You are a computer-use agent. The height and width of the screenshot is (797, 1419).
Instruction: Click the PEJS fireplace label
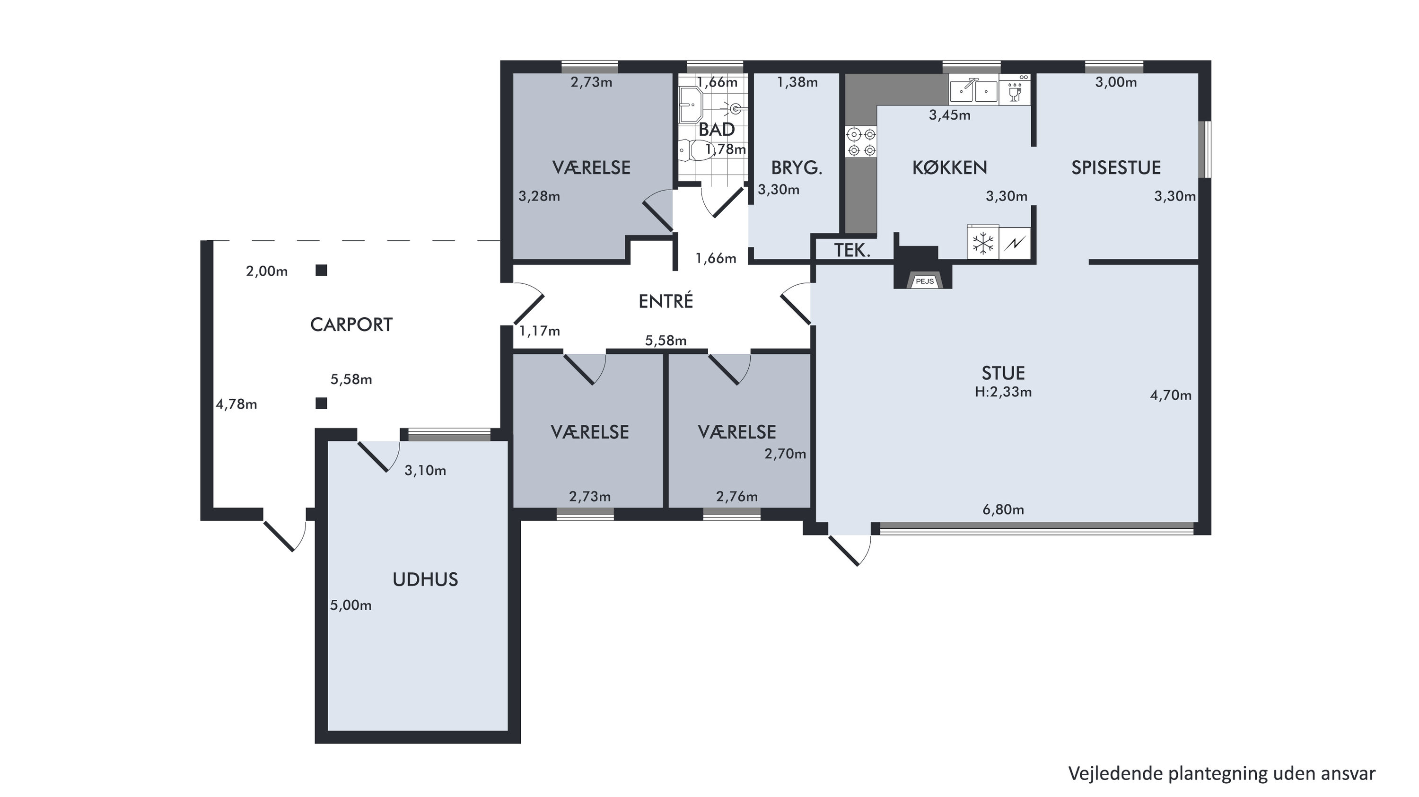(x=924, y=281)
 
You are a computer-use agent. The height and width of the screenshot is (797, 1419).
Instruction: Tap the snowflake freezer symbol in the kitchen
(x=983, y=243)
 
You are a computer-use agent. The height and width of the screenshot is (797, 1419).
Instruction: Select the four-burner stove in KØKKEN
(x=861, y=141)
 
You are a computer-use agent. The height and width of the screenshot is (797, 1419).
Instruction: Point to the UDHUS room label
(x=425, y=579)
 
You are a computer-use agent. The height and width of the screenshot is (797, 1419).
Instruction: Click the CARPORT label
(x=351, y=325)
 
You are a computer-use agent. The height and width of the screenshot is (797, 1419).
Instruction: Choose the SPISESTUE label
(x=1116, y=167)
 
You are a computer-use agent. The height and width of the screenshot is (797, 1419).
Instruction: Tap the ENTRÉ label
(x=666, y=301)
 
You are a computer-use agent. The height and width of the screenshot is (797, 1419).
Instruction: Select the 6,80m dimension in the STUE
(x=1003, y=510)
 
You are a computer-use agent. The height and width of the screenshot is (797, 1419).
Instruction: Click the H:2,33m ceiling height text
(x=1003, y=392)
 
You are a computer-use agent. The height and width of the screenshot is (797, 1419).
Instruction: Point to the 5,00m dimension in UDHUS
(x=351, y=606)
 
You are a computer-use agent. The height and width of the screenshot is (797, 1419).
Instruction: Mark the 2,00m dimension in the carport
(x=267, y=272)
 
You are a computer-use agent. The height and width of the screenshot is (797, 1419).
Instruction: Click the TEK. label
(x=852, y=251)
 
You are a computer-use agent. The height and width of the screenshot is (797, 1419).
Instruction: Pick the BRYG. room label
(x=797, y=167)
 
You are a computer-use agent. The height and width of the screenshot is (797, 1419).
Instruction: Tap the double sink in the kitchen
(x=973, y=91)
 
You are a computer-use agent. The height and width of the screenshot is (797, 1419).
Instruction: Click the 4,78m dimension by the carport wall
(x=236, y=405)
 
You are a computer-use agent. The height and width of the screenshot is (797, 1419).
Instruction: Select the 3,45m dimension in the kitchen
(x=950, y=115)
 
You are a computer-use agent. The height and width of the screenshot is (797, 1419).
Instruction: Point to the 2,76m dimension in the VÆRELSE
(x=737, y=497)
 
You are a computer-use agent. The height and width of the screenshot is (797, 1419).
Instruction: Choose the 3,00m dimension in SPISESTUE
(x=1116, y=83)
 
